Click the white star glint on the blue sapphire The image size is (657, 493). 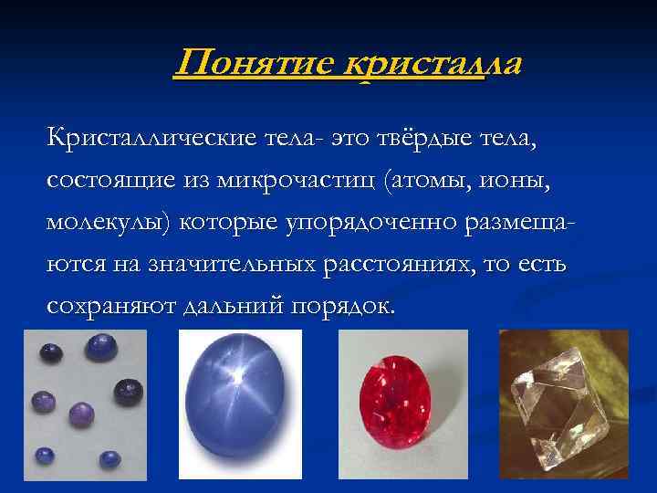tap(237, 374)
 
